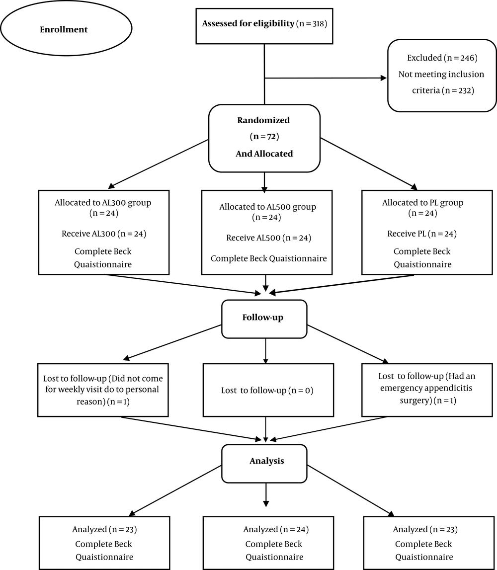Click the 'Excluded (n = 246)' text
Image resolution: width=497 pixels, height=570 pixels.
click(442, 58)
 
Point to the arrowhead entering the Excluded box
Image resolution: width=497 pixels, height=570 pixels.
click(383, 78)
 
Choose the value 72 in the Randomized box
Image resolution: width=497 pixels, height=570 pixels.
click(271, 137)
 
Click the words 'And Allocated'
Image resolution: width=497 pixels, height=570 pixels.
click(264, 154)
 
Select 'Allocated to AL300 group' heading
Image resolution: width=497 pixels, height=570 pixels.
click(103, 202)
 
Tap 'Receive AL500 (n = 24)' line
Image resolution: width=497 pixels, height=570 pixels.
click(269, 238)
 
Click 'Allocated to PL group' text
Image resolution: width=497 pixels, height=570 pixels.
click(423, 202)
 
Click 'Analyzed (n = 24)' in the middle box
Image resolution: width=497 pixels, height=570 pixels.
click(276, 529)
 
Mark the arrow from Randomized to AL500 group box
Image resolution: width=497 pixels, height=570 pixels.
click(264, 182)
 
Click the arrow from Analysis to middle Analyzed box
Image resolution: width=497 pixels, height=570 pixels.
click(266, 495)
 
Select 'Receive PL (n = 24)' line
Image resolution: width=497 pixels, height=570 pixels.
click(422, 234)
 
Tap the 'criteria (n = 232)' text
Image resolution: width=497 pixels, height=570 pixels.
click(443, 90)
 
